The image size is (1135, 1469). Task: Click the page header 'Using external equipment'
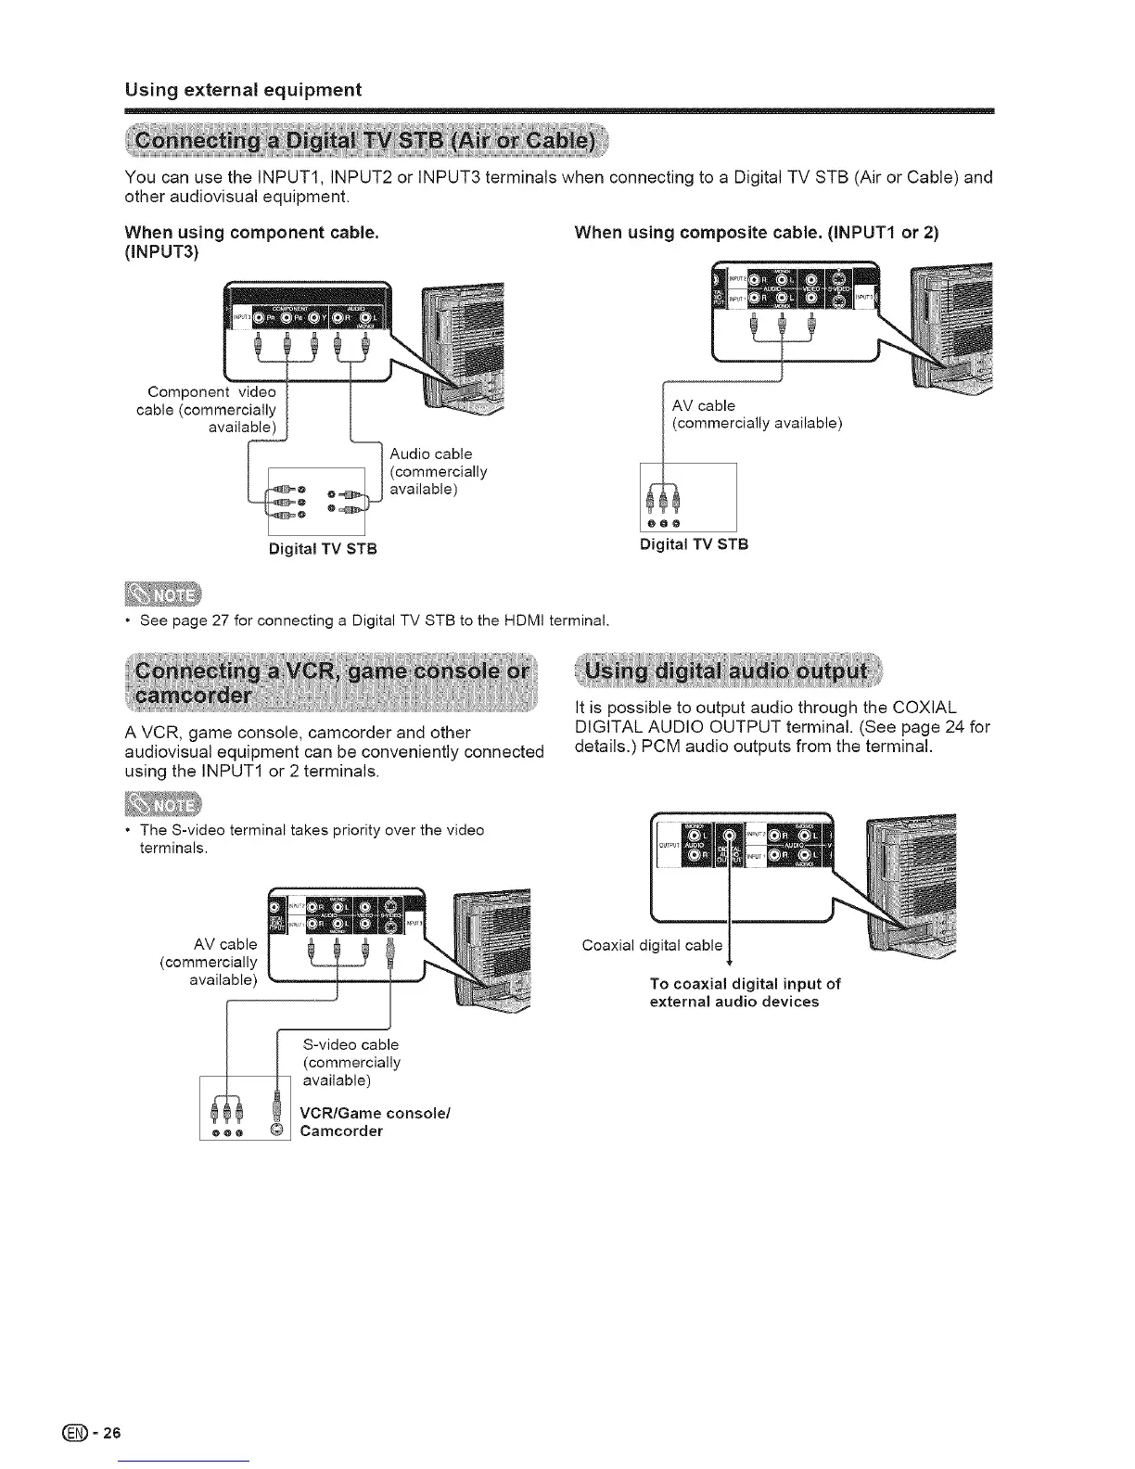pyautogui.click(x=243, y=90)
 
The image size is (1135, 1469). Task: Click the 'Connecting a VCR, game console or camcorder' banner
pyautogui.click(x=331, y=683)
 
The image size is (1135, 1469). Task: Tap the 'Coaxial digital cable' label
pyautogui.click(x=651, y=945)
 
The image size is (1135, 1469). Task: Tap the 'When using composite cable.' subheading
pyautogui.click(x=756, y=233)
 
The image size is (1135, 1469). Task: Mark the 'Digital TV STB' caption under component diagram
pyautogui.click(x=323, y=548)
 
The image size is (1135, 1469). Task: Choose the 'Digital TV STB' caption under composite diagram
pyautogui.click(x=694, y=543)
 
